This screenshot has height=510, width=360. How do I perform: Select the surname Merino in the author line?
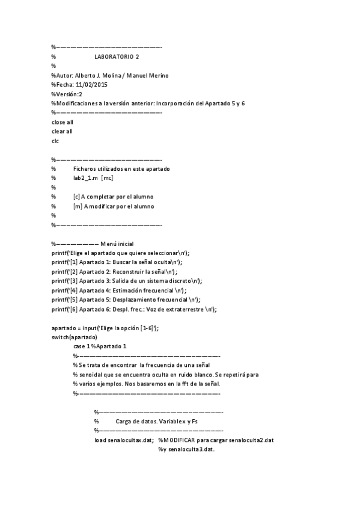click(x=157, y=75)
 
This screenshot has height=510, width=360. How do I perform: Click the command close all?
click(x=63, y=122)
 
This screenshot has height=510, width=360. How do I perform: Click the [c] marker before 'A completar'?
click(x=76, y=197)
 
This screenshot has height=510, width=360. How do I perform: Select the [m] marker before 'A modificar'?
click(x=77, y=206)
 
